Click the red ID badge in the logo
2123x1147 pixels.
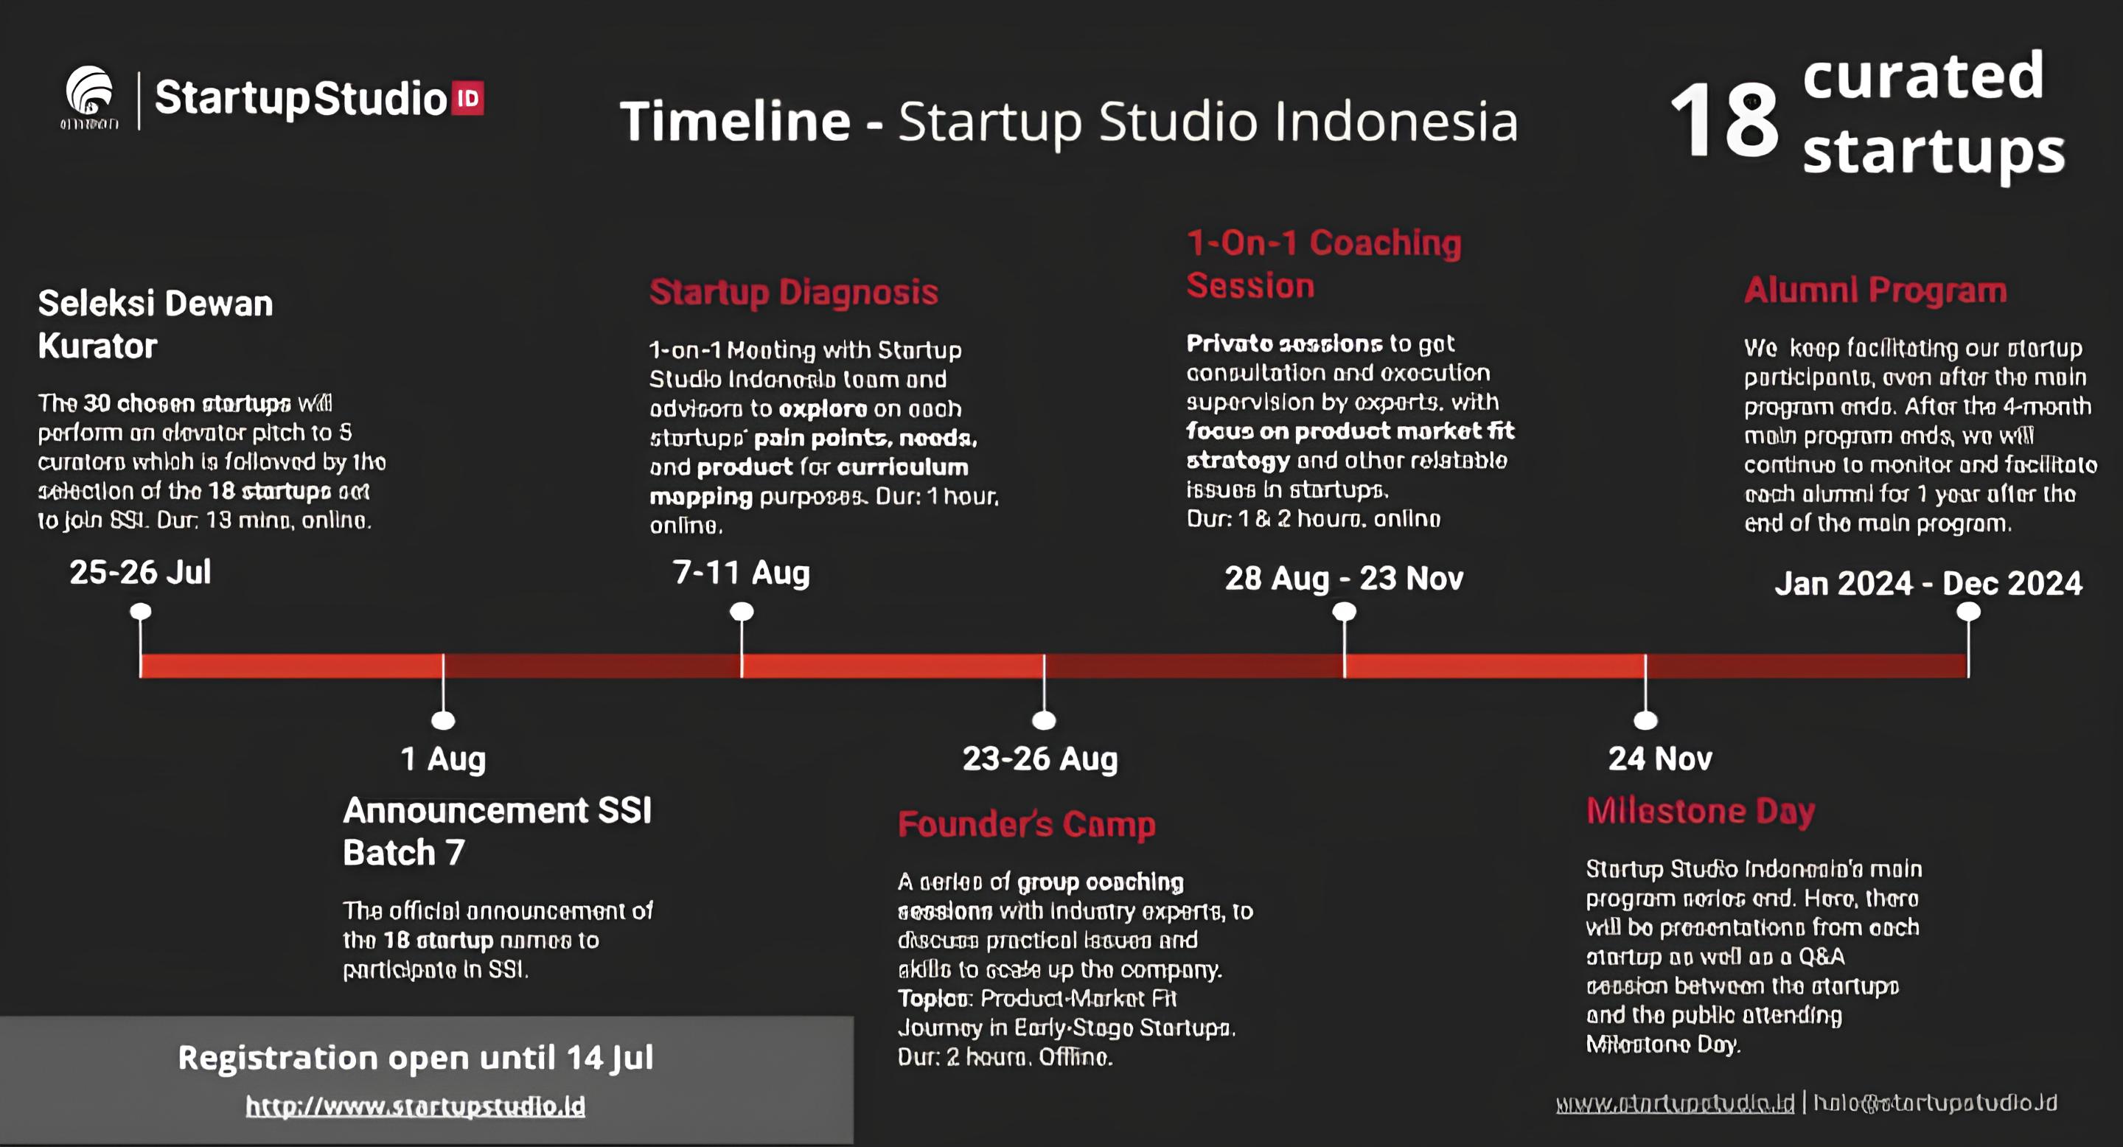467,99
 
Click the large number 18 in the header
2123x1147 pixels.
1724,121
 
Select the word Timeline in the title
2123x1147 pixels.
734,121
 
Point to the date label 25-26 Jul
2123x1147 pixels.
140,572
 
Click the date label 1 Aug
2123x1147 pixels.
442,759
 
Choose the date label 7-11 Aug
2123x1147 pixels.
741,573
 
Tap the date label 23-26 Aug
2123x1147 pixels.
1040,759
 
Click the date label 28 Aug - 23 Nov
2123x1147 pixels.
1343,579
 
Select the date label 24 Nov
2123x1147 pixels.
1660,759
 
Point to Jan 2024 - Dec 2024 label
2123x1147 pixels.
1928,583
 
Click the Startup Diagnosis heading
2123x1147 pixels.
794,293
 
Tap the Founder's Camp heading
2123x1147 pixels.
1026,824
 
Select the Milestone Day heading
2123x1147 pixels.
1700,812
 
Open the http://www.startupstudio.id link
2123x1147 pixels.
415,1106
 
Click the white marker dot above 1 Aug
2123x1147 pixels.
443,721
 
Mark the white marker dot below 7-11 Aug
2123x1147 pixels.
742,611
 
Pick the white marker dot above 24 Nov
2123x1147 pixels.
1646,721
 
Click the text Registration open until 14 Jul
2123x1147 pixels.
415,1058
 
